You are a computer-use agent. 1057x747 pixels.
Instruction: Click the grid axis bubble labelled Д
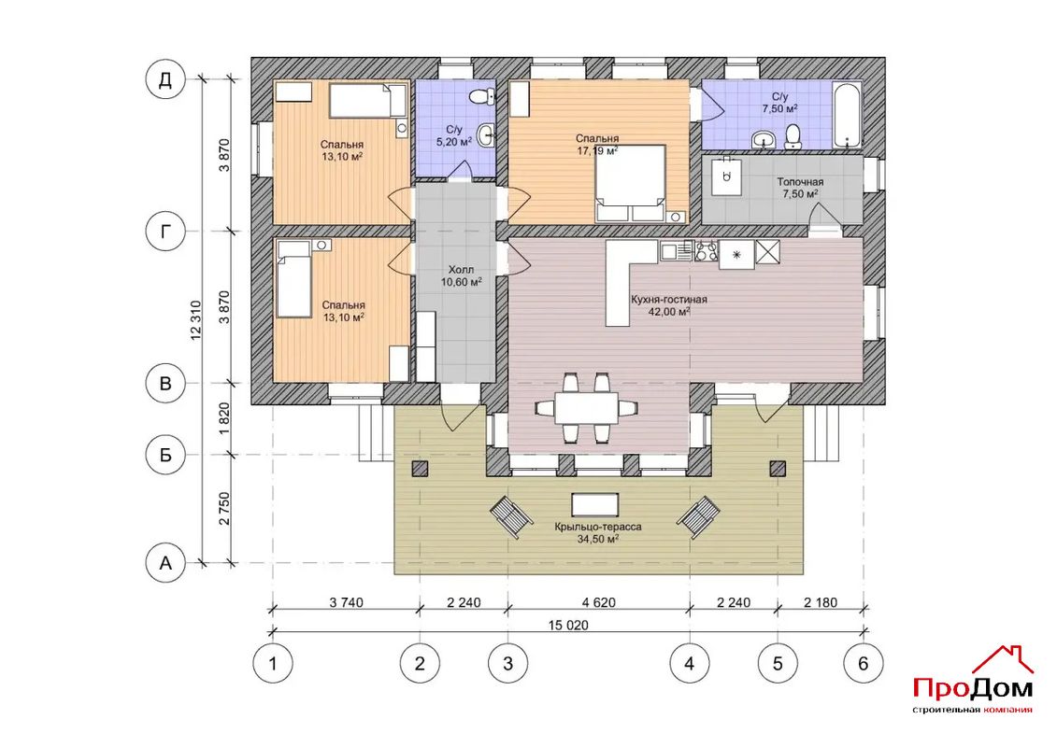point(165,80)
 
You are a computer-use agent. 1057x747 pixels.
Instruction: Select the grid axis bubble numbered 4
point(689,664)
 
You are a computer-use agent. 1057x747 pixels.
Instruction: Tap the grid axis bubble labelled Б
point(165,456)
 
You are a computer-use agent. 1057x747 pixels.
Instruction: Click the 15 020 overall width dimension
point(568,625)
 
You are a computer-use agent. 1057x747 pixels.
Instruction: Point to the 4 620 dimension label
point(598,602)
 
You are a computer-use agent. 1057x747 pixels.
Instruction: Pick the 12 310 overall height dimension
point(196,320)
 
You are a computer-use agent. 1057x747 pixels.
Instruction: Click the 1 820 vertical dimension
point(225,419)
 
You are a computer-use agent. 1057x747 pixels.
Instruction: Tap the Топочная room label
point(800,182)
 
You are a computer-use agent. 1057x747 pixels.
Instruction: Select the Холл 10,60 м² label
point(461,276)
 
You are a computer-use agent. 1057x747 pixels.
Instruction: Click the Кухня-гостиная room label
point(669,300)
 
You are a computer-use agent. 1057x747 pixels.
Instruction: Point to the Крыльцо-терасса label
point(598,527)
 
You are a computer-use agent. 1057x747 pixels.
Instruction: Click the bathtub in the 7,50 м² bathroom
point(848,115)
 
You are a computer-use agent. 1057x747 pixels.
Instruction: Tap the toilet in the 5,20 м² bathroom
point(480,97)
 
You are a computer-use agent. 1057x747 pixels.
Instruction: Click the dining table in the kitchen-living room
point(586,408)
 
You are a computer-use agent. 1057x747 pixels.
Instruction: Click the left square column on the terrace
point(421,469)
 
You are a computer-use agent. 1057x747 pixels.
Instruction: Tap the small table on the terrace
point(594,504)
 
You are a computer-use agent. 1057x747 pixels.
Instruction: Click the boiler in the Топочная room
point(725,177)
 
